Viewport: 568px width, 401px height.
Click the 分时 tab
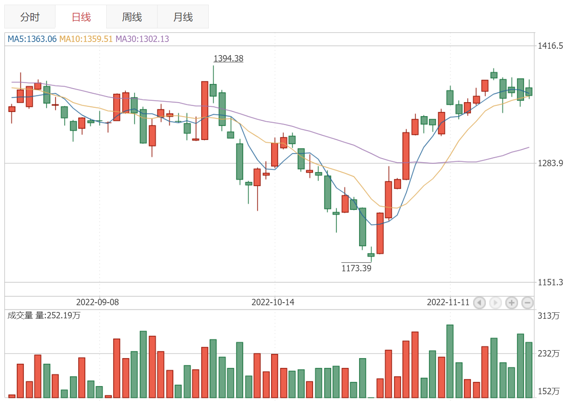30,17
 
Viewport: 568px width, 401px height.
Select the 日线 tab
81,17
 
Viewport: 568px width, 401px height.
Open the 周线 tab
132,17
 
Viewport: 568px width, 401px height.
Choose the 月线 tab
183,17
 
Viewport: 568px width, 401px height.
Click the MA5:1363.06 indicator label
32,39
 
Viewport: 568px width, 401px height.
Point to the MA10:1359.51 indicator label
86,39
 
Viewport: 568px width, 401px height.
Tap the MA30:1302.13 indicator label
142,39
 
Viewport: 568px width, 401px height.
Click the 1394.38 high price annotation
228,58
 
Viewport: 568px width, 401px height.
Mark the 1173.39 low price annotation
356,268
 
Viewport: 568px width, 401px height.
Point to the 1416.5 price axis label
550,46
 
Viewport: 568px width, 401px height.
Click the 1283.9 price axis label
550,163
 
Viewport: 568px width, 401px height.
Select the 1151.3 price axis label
550,282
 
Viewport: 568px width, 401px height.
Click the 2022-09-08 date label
97,302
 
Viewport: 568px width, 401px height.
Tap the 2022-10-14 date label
273,302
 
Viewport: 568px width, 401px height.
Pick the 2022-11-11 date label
448,302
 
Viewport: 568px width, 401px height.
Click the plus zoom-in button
512,303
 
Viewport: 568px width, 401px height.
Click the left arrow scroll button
479,303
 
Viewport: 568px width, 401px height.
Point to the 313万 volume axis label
549,316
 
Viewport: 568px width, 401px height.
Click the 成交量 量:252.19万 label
44,315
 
